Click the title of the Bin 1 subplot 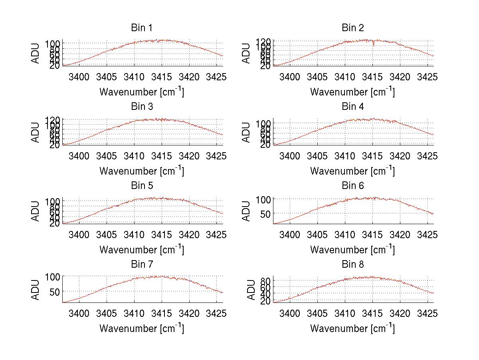(141, 28)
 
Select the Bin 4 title (353, 107)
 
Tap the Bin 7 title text (141, 265)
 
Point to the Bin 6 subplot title (353, 186)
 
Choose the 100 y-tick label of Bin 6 (263, 199)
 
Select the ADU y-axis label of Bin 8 (250, 290)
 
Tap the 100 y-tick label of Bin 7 (52, 276)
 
